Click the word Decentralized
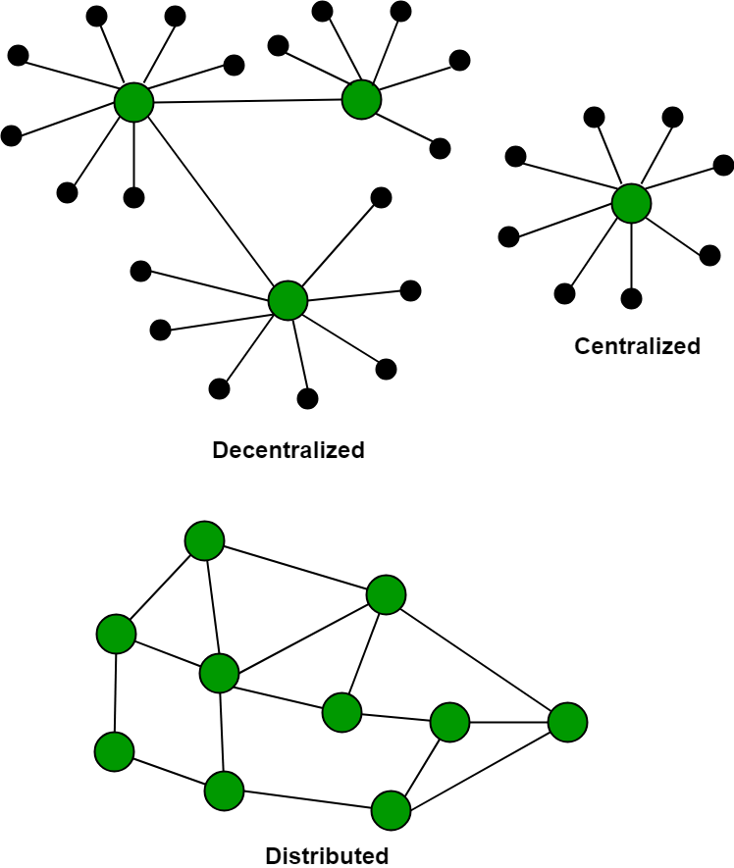(x=288, y=450)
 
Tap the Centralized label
(x=637, y=346)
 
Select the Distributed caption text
(x=327, y=855)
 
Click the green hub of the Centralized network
(x=631, y=203)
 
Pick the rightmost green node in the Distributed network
(x=567, y=722)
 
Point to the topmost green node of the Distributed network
(x=204, y=540)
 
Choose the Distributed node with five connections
(x=219, y=674)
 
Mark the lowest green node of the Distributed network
(x=391, y=811)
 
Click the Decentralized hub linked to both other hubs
(x=133, y=102)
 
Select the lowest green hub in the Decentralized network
(x=288, y=300)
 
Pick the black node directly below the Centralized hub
(x=632, y=298)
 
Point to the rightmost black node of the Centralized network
(x=723, y=165)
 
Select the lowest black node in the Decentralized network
(x=307, y=398)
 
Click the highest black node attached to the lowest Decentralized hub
(x=382, y=197)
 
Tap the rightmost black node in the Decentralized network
(x=459, y=60)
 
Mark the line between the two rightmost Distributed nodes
(x=508, y=723)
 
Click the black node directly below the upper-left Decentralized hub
(x=134, y=197)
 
